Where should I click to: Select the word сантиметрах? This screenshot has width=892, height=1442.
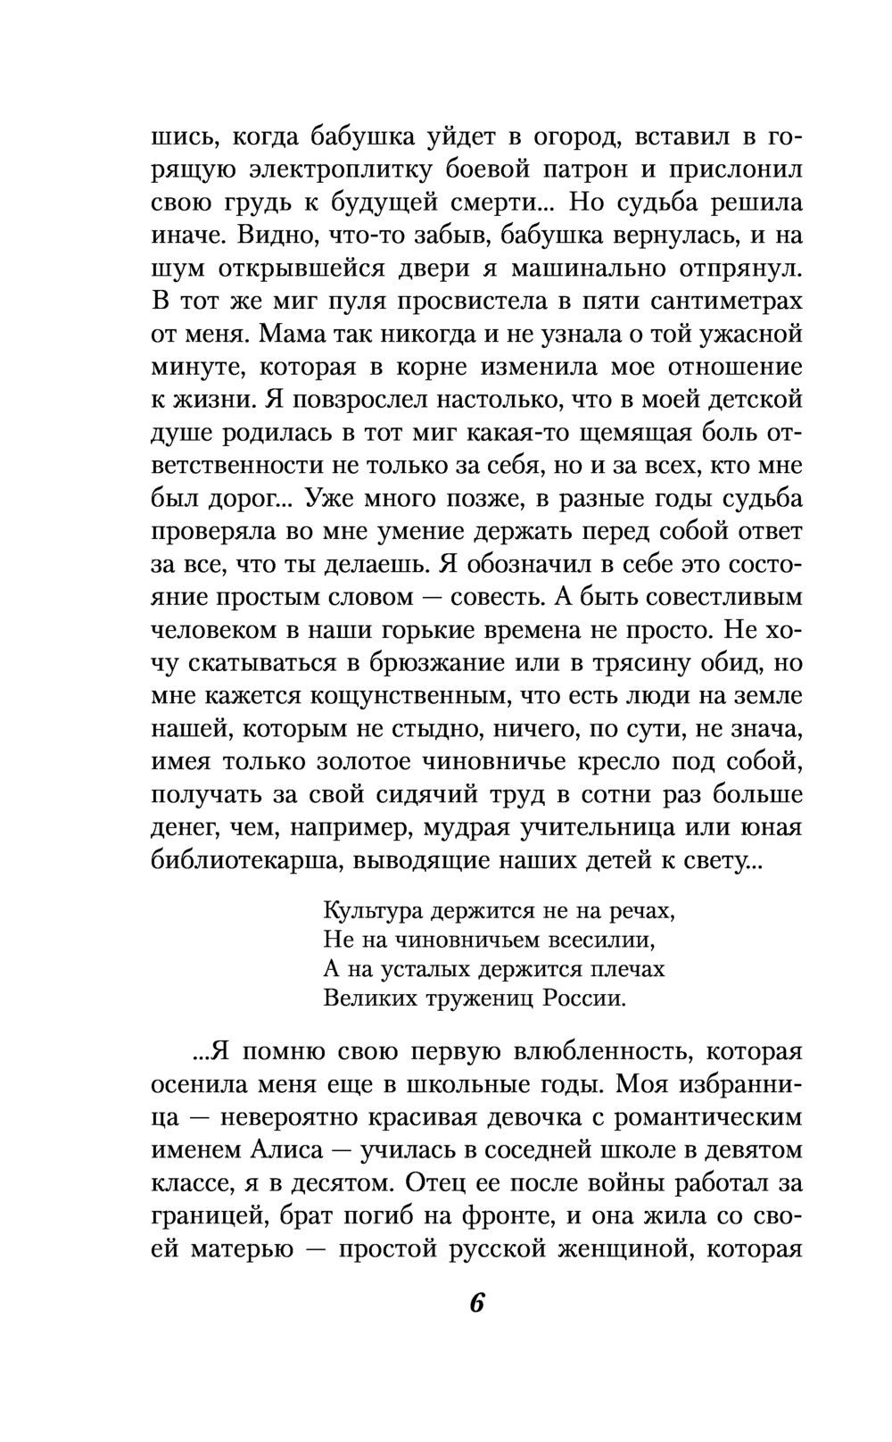(x=723, y=301)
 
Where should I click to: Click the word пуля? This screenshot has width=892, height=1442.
(x=367, y=301)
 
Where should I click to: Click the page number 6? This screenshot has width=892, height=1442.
(x=476, y=1303)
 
